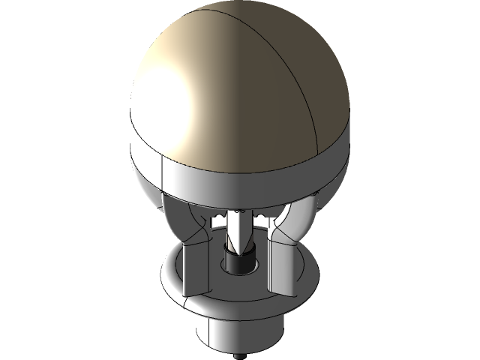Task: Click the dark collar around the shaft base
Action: tap(240, 266)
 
